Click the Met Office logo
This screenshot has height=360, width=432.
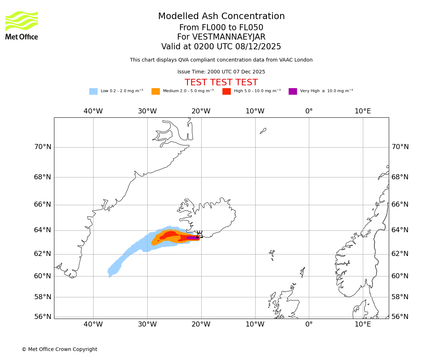[x=22, y=25]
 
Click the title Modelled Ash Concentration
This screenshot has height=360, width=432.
[x=221, y=17]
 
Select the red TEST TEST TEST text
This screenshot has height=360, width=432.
[x=221, y=82]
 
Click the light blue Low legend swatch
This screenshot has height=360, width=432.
[x=93, y=91]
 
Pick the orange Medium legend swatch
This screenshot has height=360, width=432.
[x=156, y=91]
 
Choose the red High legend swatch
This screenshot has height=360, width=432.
[x=226, y=91]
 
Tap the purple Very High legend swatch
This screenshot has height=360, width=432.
[x=293, y=91]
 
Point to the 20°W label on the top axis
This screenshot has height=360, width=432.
[x=201, y=111]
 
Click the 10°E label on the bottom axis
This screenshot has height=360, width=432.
[x=363, y=324]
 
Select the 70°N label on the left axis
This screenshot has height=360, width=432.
[x=42, y=147]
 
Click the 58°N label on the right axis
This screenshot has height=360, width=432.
[x=400, y=297]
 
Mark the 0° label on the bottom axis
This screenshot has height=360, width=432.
[x=309, y=324]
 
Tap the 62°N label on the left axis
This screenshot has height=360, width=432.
[x=42, y=254]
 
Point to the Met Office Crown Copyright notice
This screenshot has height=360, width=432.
[x=59, y=349]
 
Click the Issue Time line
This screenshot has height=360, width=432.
[x=221, y=72]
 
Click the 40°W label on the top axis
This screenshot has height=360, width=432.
[x=93, y=111]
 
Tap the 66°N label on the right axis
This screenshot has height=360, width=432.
[x=400, y=204]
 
